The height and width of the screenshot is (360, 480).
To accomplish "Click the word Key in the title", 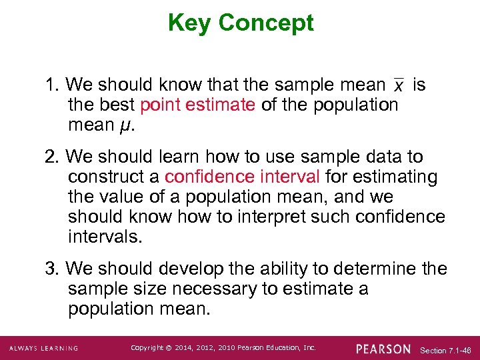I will (x=190, y=23).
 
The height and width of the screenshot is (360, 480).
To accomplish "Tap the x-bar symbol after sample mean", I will (x=398, y=86).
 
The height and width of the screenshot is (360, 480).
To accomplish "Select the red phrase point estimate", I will (x=198, y=105).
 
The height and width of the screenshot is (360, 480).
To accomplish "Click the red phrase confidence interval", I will (x=243, y=177).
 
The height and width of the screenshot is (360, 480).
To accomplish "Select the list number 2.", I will (x=52, y=157).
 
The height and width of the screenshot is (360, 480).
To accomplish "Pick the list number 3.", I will (x=52, y=269).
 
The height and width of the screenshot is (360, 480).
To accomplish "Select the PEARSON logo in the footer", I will (x=383, y=349).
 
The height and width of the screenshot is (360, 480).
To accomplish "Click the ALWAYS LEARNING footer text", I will (x=44, y=349).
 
